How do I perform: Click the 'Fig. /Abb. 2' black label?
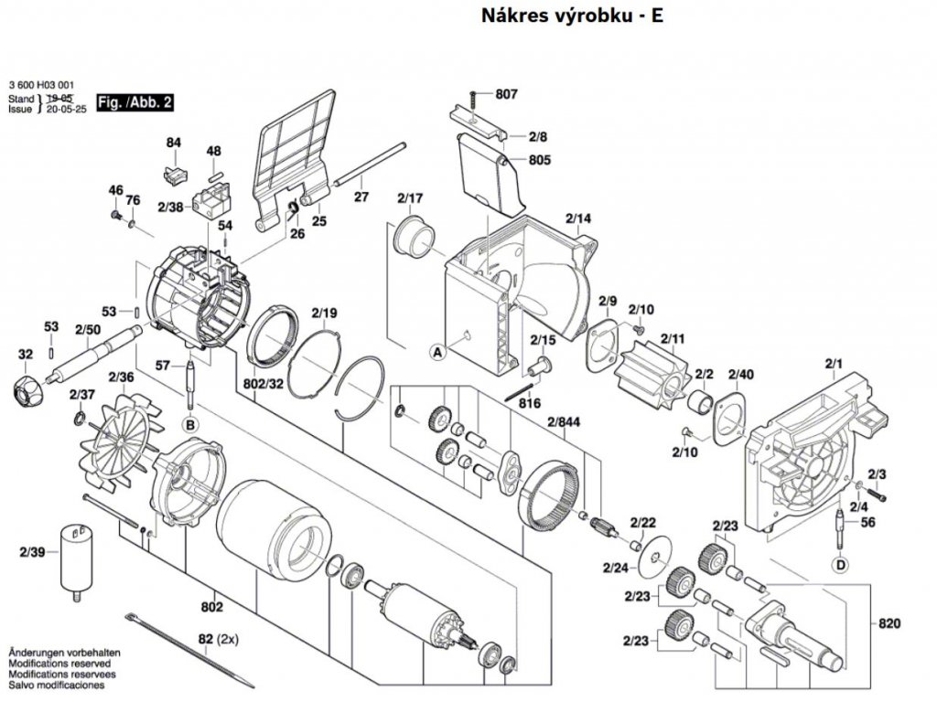[135, 102]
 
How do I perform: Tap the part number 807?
[506, 94]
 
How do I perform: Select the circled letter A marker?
[438, 353]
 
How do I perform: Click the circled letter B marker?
[190, 425]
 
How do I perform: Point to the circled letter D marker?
[841, 564]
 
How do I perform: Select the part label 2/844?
[564, 422]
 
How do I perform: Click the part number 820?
[889, 623]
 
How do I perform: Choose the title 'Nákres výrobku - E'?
[572, 16]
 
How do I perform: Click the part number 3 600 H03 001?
[41, 85]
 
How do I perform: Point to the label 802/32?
[264, 383]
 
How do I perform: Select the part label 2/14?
[578, 218]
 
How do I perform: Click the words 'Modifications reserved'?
[59, 664]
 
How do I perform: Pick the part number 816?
[530, 403]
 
